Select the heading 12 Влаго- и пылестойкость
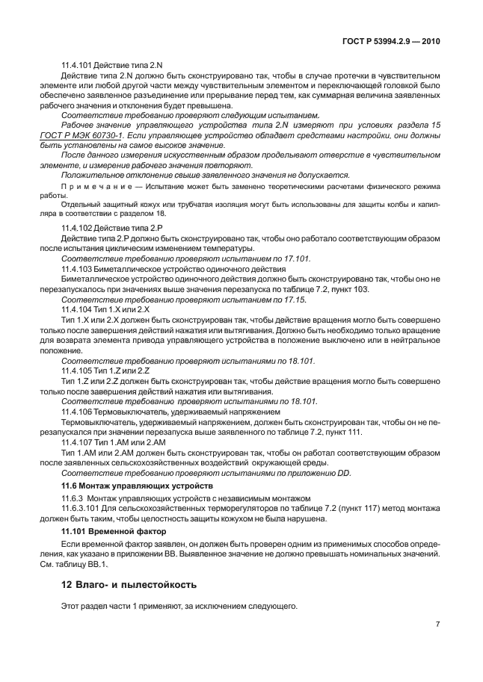pos(129,584)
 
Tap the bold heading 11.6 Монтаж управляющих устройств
pos(132,486)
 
